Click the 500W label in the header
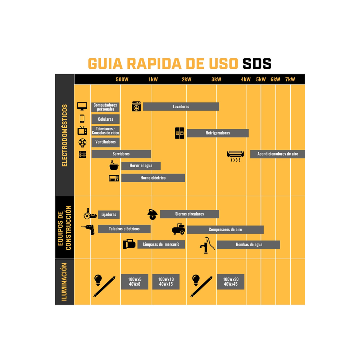pos(122,79)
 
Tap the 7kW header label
pos(290,79)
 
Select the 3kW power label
pos(216,79)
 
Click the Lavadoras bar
pos(181,106)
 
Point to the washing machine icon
pos(136,106)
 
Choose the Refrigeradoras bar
pos(218,133)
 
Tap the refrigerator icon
pos(179,133)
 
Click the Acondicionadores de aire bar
pos(278,154)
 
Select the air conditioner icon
pos(235,156)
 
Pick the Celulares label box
pos(106,119)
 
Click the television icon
pos(82,130)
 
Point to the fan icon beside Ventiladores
pos(82,143)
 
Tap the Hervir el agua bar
pos(141,166)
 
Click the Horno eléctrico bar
pos(153,178)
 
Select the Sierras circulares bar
pos(190,214)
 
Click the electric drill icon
pos(88,229)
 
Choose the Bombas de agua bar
pos(249,245)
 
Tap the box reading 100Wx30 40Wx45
pos(231,282)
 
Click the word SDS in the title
pos(257,64)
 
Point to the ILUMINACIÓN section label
pos(64,282)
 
